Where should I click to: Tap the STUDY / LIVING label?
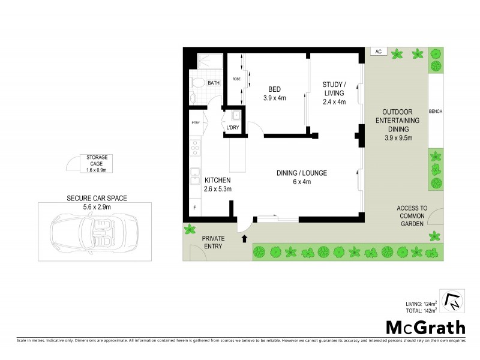pos(334,93)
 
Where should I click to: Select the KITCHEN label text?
pos(218,180)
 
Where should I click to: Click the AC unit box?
pos(378,52)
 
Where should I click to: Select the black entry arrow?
pos(244,239)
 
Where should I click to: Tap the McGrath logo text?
pos(425,328)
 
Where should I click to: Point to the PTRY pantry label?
pos(196,123)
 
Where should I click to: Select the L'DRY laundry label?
pos(232,128)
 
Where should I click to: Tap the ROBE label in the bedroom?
pos(236,79)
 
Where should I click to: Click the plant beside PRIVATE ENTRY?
pos(191,229)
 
